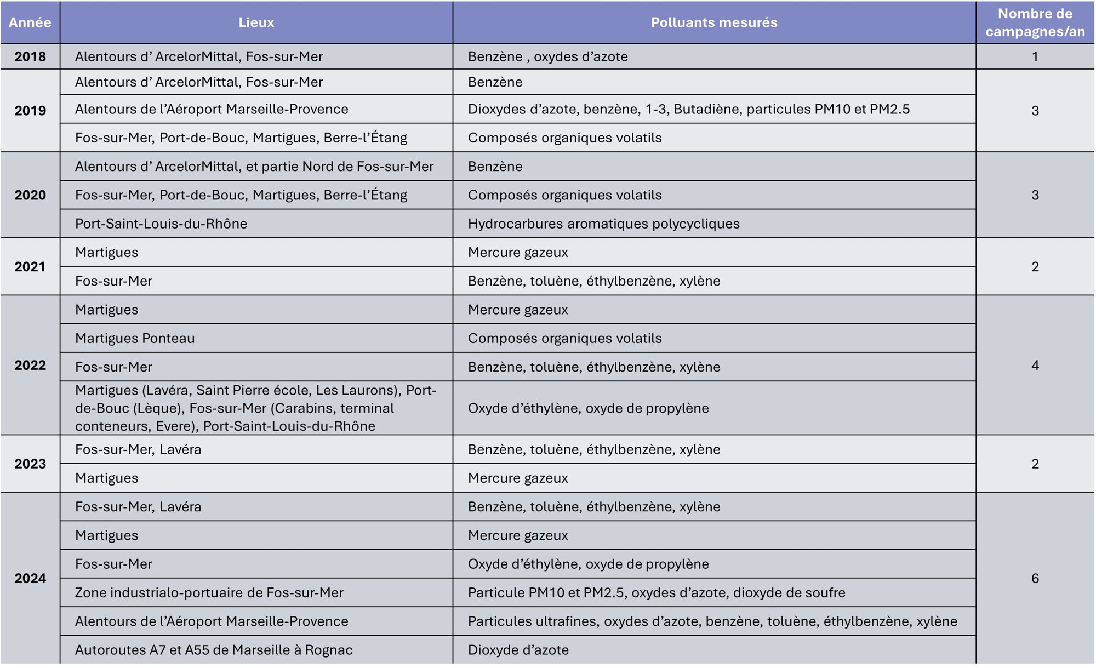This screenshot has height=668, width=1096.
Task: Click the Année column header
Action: [x=30, y=22]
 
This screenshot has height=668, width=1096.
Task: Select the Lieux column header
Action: [x=256, y=22]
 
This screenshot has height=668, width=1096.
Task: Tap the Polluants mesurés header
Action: [x=713, y=22]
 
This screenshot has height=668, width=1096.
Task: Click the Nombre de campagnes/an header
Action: [x=1035, y=22]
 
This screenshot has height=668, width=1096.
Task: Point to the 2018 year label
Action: [x=30, y=56]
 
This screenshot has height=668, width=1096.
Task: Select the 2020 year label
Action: [x=30, y=195]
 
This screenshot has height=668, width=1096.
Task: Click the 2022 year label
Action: [x=30, y=366]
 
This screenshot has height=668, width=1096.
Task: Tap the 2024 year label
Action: [x=30, y=578]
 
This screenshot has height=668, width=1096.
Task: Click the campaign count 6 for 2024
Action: [x=1035, y=578]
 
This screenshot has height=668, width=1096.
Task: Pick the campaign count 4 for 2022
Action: [x=1035, y=366]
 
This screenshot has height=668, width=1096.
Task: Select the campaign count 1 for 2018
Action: [x=1035, y=56]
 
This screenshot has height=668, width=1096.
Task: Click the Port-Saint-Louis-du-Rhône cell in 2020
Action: [x=161, y=224]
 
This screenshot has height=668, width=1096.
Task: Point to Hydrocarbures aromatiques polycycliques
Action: [x=603, y=224]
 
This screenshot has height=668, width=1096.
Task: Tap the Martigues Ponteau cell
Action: [x=135, y=338]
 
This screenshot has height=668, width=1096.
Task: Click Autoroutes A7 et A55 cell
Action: [x=214, y=650]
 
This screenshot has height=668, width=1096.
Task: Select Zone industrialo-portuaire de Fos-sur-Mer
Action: [x=209, y=592]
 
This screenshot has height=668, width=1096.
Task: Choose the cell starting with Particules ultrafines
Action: [x=712, y=621]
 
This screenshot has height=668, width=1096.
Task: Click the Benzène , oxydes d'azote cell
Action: [x=547, y=56]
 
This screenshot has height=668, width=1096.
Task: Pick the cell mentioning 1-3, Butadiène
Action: [x=688, y=109]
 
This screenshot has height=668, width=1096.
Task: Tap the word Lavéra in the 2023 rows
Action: [x=180, y=449]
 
